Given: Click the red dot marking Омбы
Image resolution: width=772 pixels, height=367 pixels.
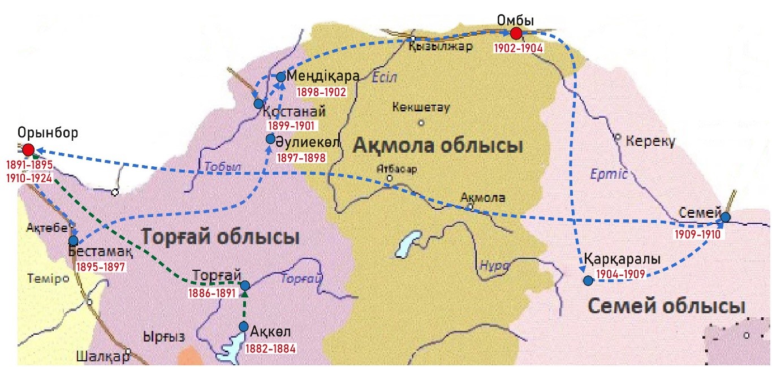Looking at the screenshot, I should tap(516, 33).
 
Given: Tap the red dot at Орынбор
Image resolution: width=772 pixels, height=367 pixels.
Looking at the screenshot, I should tap(27, 149).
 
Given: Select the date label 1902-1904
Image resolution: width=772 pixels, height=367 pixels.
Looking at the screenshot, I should tap(518, 48).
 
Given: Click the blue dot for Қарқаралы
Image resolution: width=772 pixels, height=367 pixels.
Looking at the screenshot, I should tap(588, 280).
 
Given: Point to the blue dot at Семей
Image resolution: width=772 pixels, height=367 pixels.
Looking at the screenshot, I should tap(726, 217).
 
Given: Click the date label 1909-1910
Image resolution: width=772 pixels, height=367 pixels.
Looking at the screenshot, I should tap(697, 234).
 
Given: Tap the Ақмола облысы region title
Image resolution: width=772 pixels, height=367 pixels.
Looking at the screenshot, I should tap(437, 146).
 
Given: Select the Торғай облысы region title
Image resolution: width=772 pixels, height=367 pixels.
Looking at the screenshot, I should tap(220, 236).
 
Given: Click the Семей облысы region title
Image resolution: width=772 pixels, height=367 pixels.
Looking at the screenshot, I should tap(666, 306).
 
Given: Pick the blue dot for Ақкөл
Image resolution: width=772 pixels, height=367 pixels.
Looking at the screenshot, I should tap(244, 326).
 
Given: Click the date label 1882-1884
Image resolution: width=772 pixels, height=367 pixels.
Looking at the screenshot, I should tap(270, 348).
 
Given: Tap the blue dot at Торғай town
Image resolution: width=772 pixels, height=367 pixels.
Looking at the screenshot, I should tap(245, 286).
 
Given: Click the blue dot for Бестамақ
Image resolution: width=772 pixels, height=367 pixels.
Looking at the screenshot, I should tap(73, 240).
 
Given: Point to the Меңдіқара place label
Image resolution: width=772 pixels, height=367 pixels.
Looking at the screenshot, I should tap(323, 76).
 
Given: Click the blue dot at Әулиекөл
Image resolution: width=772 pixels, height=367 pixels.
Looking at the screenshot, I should tap(271, 139).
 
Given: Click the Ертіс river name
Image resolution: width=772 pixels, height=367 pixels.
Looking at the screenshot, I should tap(609, 174).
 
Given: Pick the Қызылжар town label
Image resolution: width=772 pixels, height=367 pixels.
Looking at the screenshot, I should tap(440, 47).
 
